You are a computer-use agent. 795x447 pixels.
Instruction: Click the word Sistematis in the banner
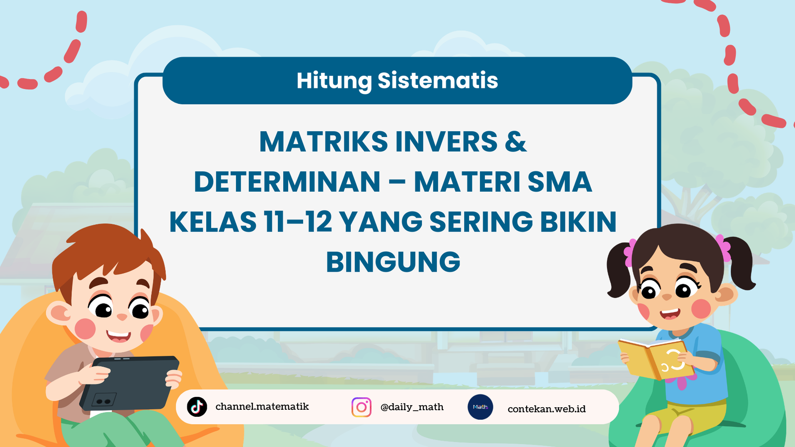click(x=438, y=80)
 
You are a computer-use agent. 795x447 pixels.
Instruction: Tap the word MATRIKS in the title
click(x=323, y=142)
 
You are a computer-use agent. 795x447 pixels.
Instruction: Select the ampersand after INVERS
click(x=516, y=142)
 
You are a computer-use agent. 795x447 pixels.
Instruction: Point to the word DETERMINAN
click(x=287, y=182)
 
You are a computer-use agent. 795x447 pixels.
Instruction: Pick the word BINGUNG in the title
click(x=393, y=262)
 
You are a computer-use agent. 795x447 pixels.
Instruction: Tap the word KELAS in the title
click(x=213, y=222)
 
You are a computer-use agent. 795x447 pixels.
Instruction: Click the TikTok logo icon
click(x=197, y=407)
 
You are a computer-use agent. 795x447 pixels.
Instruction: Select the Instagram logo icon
click(x=361, y=407)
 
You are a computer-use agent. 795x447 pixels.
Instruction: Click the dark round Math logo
click(x=480, y=407)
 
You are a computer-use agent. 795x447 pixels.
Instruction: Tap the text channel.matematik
click(x=262, y=406)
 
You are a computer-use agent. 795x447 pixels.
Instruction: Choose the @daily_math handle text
click(x=412, y=407)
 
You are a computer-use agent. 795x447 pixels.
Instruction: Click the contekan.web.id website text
click(x=547, y=409)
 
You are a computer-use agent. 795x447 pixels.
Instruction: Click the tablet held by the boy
click(x=130, y=383)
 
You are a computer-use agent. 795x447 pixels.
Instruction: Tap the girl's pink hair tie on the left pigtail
click(x=630, y=252)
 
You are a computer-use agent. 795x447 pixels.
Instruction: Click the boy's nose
click(x=122, y=317)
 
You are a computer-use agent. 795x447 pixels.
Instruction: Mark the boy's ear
click(x=59, y=314)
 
